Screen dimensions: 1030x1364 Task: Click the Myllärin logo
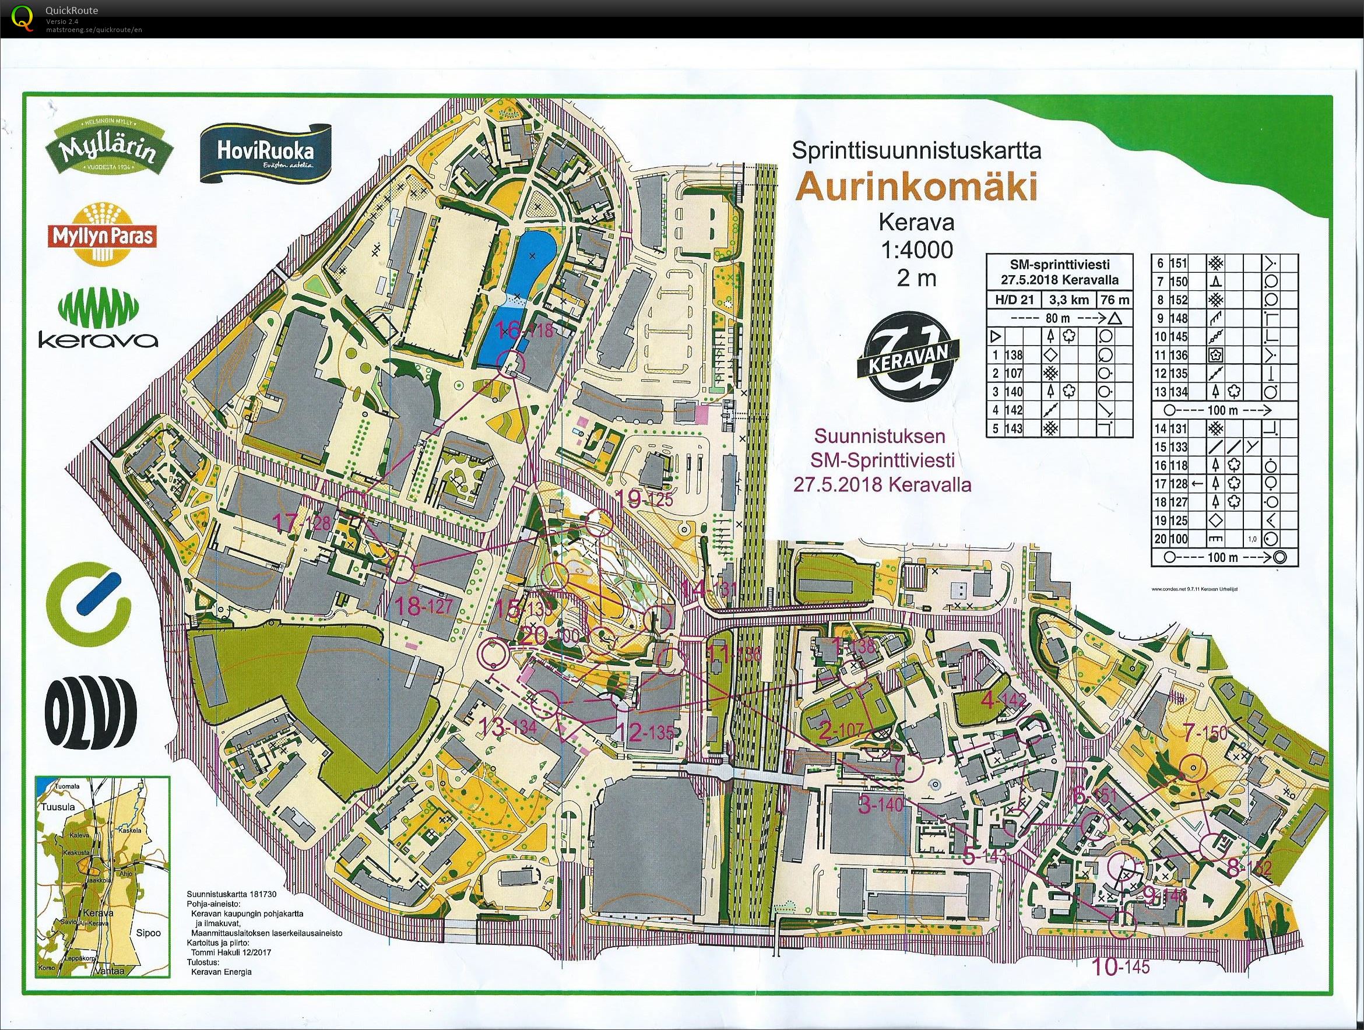[106, 150]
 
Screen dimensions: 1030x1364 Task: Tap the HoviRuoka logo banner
[265, 153]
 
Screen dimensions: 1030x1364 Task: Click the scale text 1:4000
[916, 250]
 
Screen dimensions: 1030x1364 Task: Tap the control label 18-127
[424, 606]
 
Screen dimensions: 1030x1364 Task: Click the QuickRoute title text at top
[72, 10]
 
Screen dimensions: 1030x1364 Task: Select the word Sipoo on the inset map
[149, 933]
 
